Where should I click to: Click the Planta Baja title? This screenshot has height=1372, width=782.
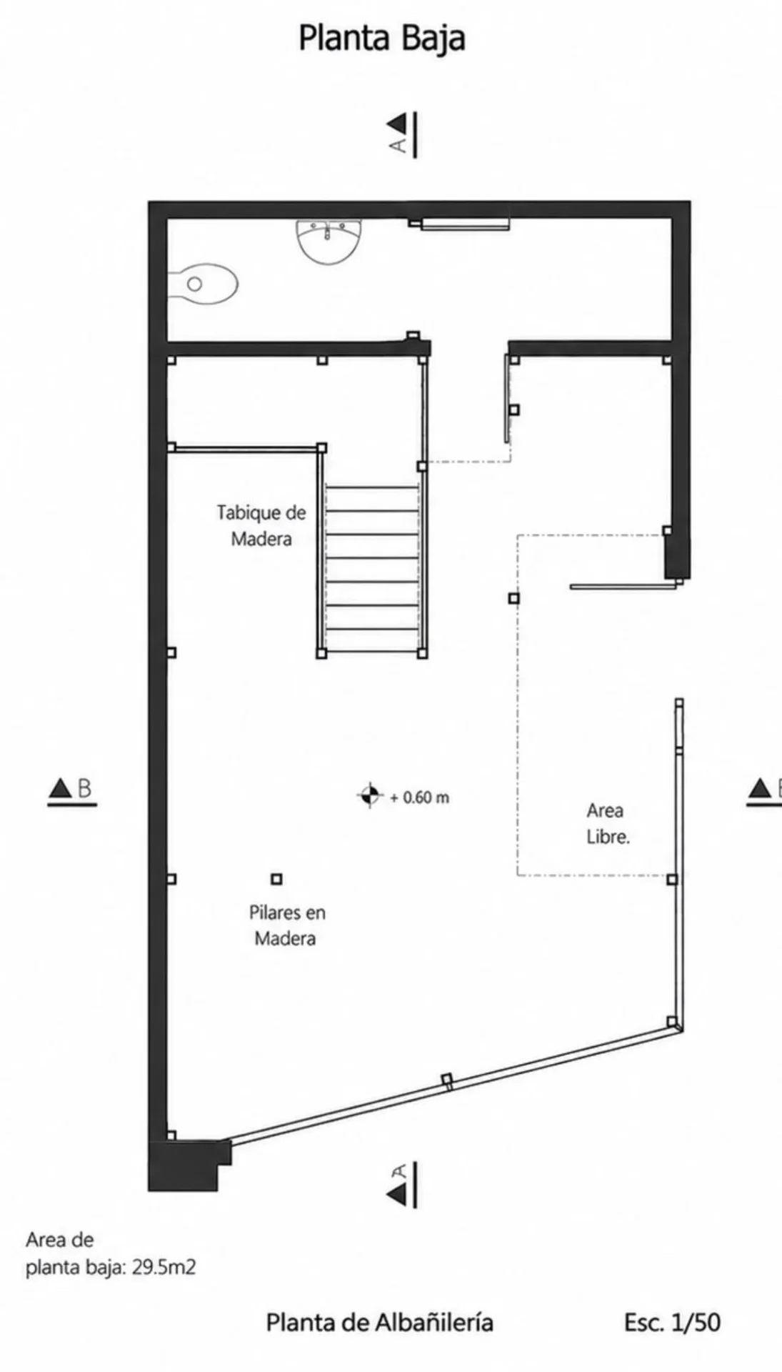pos(381,38)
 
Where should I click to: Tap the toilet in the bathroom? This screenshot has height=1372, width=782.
pos(202,284)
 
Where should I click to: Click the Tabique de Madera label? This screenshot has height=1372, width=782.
pos(261,525)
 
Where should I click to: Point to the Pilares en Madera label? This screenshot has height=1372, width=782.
pos(286,925)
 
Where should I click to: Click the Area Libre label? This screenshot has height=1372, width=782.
pos(608,823)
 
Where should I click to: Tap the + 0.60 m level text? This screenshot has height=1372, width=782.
pos(420,797)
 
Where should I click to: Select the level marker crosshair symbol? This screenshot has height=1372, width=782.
pos(369,795)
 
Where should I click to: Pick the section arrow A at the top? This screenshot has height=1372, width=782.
pos(403,134)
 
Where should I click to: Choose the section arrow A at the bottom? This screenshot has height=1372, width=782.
pos(403,1185)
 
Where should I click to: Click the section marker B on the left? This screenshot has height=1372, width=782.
pos(71,790)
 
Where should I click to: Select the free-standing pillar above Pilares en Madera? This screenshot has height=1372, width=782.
pos(276,879)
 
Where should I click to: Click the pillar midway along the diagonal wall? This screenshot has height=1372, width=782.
pos(447,1080)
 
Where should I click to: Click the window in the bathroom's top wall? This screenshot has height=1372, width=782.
pos(464,224)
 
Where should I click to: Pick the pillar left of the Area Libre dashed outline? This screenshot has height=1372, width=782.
pos(513,598)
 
